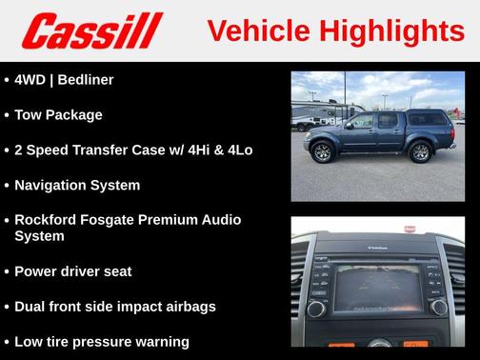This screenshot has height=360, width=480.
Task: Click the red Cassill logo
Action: (92, 30)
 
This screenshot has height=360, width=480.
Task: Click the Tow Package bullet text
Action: (58, 115)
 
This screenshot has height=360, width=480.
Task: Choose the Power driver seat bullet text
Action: (73, 271)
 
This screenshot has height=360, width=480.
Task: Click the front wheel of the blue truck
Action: (322, 151)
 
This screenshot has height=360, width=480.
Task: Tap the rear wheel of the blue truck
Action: (420, 150)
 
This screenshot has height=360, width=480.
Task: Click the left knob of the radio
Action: (317, 308)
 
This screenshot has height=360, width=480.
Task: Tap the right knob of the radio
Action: (437, 307)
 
